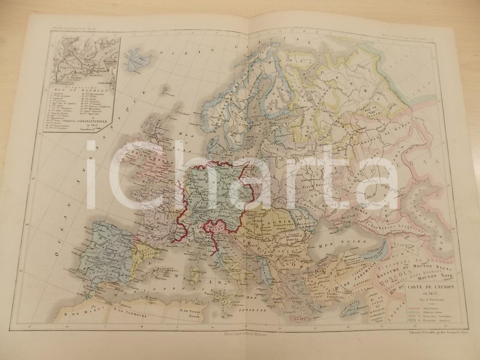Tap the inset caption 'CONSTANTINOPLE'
tap(81, 122)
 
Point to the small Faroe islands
tap(165, 90)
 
